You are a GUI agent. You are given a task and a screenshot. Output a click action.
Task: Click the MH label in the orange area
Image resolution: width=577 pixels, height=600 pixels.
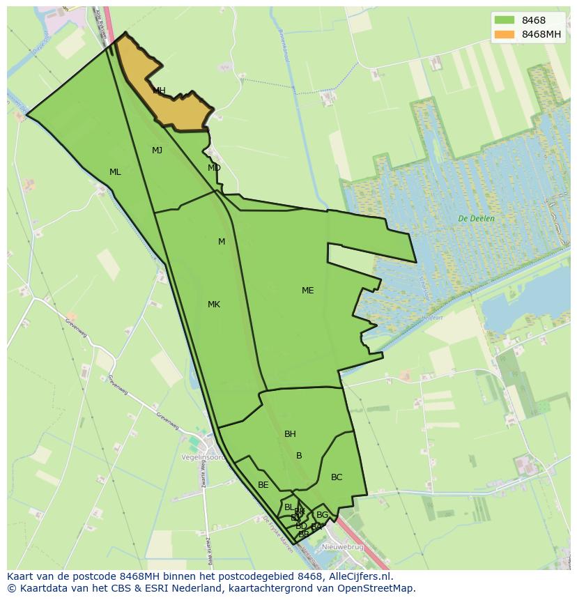pyautogui.click(x=159, y=91)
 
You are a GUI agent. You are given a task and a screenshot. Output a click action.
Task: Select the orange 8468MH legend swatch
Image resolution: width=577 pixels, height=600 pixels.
pyautogui.click(x=504, y=34)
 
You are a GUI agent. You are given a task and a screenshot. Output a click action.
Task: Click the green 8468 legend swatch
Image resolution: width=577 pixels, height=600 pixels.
pyautogui.click(x=504, y=20)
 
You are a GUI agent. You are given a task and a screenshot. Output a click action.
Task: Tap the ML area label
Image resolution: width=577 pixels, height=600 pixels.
pyautogui.click(x=115, y=172)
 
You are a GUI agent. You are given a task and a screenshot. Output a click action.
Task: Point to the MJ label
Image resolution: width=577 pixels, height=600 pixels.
pyautogui.click(x=157, y=151)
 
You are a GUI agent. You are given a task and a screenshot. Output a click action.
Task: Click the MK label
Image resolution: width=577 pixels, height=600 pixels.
pyautogui.click(x=214, y=305)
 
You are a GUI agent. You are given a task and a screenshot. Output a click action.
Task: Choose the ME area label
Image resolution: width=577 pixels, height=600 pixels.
pyautogui.click(x=307, y=291)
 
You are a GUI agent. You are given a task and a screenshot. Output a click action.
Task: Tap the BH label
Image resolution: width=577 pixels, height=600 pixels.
pyautogui.click(x=290, y=434)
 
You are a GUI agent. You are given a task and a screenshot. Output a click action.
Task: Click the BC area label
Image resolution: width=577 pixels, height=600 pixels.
pyautogui.click(x=337, y=477)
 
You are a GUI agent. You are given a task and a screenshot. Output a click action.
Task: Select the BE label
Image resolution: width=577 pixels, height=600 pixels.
pyautogui.click(x=263, y=485)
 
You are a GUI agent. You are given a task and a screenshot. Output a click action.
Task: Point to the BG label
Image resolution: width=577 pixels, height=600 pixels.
pyautogui.click(x=322, y=515)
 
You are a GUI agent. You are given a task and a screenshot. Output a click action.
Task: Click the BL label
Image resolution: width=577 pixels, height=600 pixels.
pyautogui.click(x=289, y=507)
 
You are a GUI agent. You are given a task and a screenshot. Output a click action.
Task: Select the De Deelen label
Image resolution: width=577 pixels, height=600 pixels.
pyautogui.click(x=477, y=218)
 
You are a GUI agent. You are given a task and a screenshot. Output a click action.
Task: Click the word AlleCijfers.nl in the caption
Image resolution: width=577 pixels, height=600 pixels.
pyautogui.click(x=360, y=576)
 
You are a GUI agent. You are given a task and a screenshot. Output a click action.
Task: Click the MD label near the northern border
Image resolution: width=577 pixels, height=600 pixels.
pyautogui.click(x=214, y=168)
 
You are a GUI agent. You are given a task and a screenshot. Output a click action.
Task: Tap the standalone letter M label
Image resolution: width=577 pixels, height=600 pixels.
pyautogui.click(x=222, y=242)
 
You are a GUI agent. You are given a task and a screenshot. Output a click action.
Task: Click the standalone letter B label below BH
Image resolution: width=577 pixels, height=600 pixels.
pyautogui.click(x=299, y=456)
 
